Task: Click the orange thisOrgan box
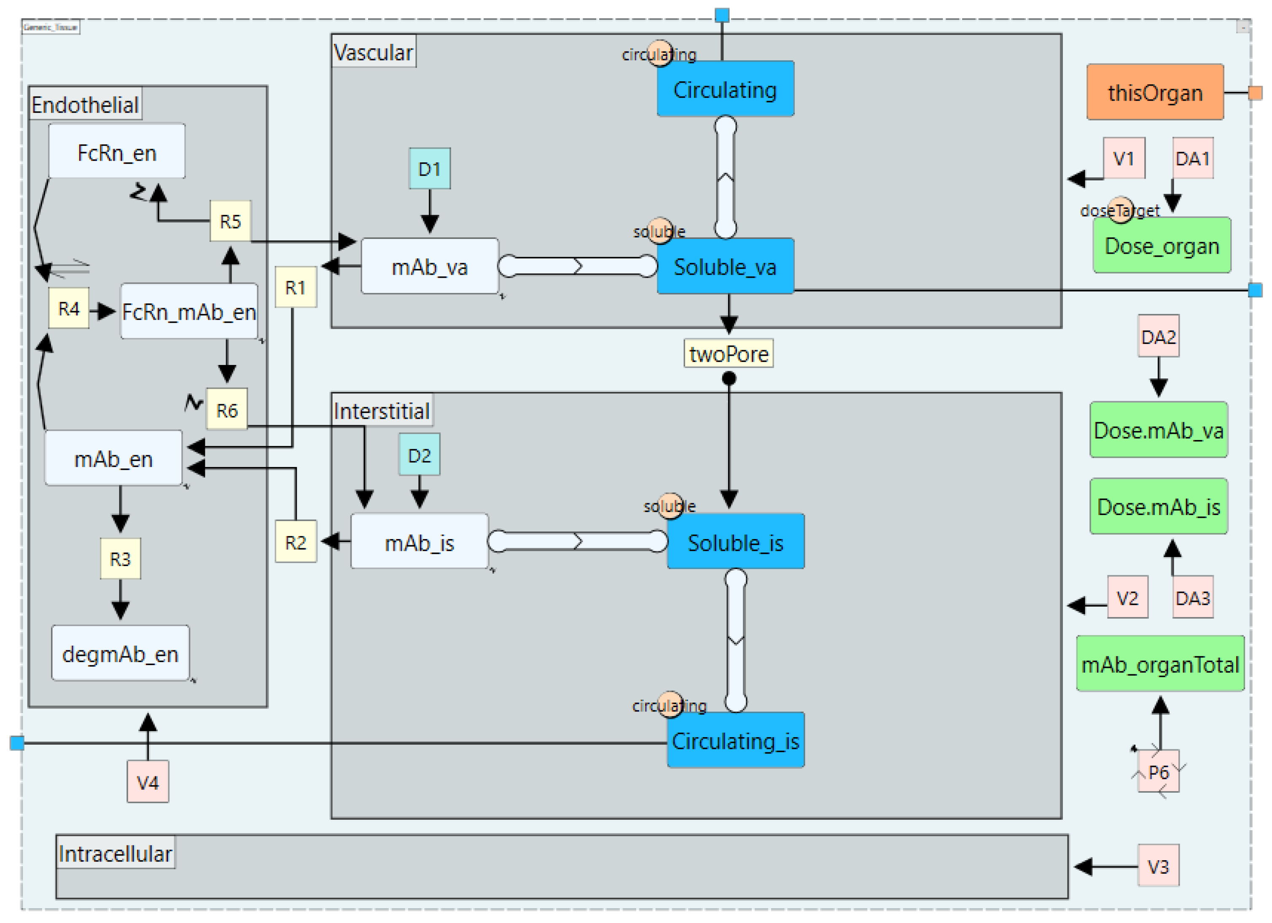pyautogui.click(x=1154, y=92)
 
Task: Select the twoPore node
pyautogui.click(x=728, y=354)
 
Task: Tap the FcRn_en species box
pyautogui.click(x=117, y=152)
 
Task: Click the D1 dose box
pyautogui.click(x=429, y=168)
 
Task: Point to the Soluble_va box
pyautogui.click(x=725, y=266)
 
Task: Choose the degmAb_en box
pyautogui.click(x=120, y=653)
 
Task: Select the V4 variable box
pyautogui.click(x=148, y=782)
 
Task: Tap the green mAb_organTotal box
pyautogui.click(x=1159, y=664)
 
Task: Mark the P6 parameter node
pyautogui.click(x=1158, y=772)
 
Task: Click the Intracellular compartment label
pyautogui.click(x=115, y=853)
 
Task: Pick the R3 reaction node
pyautogui.click(x=120, y=558)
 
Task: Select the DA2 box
pyautogui.click(x=1158, y=336)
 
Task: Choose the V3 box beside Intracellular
pyautogui.click(x=1158, y=867)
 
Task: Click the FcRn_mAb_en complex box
pyautogui.click(x=189, y=311)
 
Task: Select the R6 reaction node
pyautogui.click(x=226, y=410)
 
